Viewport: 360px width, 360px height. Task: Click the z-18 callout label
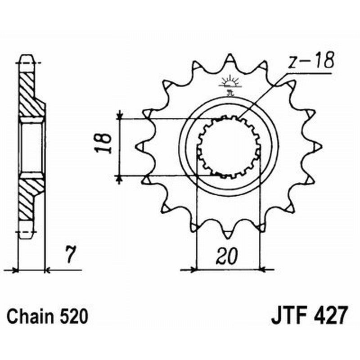310,63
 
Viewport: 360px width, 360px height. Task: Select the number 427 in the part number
328,315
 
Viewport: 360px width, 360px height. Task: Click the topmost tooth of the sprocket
229,59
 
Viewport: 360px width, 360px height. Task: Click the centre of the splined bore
229,146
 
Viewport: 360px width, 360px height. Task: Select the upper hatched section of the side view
30,92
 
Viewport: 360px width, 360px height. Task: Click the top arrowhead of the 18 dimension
120,116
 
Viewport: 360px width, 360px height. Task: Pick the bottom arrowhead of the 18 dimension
120,179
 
